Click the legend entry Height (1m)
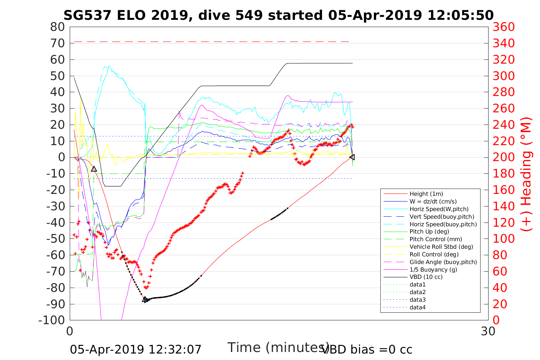tap(426, 194)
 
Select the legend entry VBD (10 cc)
tap(426, 277)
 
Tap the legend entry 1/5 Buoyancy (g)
tap(433, 269)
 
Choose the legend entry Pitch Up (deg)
tap(429, 232)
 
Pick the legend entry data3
tap(417, 300)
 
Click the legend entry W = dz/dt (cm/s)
tap(433, 202)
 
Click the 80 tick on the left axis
tap(58, 27)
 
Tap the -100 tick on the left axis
tap(52, 320)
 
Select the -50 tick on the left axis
tap(55, 238)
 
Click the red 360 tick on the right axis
tap(503, 27)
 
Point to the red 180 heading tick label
tap(503, 174)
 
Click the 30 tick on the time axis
tap(488, 331)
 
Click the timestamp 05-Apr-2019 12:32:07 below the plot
tap(136, 349)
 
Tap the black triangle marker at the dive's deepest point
tap(145, 300)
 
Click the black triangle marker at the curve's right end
tap(352, 157)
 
